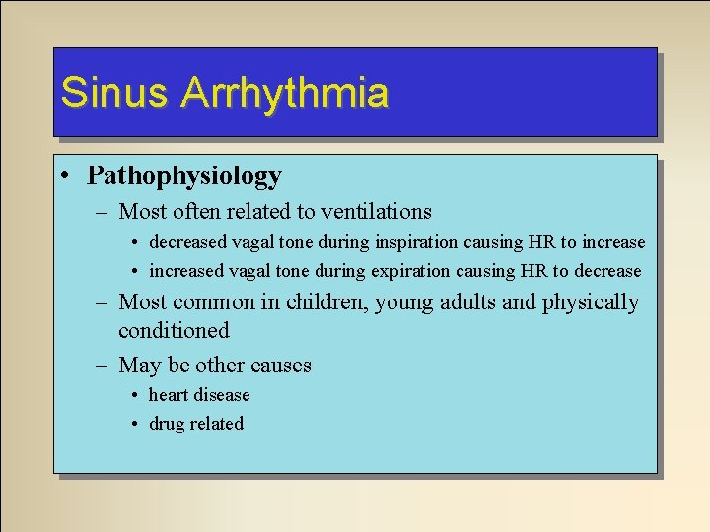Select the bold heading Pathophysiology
(184, 176)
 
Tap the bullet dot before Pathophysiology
(63, 177)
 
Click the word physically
(591, 302)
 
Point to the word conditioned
(174, 331)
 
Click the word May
(139, 366)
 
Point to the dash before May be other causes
(102, 366)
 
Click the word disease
(224, 395)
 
